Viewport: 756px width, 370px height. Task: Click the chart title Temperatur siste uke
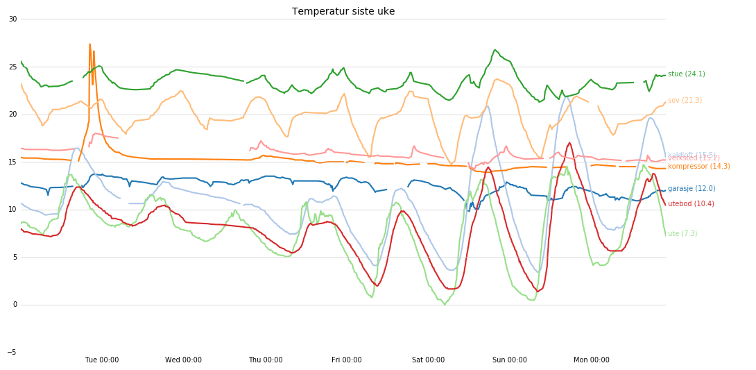pyautogui.click(x=343, y=12)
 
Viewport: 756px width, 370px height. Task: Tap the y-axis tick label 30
pyautogui.click(x=12, y=19)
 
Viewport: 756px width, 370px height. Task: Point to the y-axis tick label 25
pyautogui.click(x=12, y=67)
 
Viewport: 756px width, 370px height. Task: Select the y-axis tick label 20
pyautogui.click(x=12, y=115)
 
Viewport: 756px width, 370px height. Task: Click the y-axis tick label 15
pyautogui.click(x=12, y=162)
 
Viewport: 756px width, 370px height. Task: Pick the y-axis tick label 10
pyautogui.click(x=12, y=210)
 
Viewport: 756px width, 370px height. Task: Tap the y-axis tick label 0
pyautogui.click(x=14, y=305)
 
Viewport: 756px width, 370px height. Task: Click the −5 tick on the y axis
pyautogui.click(x=11, y=353)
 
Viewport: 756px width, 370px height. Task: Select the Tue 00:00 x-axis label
pyautogui.click(x=102, y=360)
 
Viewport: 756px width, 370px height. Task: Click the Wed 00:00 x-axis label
pyautogui.click(x=183, y=360)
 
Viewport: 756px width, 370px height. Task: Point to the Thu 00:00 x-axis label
pyautogui.click(x=265, y=360)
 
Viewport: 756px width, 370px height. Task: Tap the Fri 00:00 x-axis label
pyautogui.click(x=347, y=360)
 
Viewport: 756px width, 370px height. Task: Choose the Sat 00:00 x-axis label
pyautogui.click(x=428, y=360)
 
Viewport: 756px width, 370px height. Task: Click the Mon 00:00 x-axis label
pyautogui.click(x=591, y=360)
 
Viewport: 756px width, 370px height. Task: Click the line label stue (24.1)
pyautogui.click(x=686, y=74)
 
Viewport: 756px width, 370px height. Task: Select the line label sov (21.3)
pyautogui.click(x=685, y=101)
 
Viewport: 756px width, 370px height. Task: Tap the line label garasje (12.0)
pyautogui.click(x=691, y=189)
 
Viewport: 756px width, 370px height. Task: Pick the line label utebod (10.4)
pyautogui.click(x=691, y=204)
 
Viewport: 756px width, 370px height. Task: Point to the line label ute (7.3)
pyautogui.click(x=682, y=234)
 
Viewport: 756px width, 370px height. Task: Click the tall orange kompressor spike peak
pyautogui.click(x=89, y=45)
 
